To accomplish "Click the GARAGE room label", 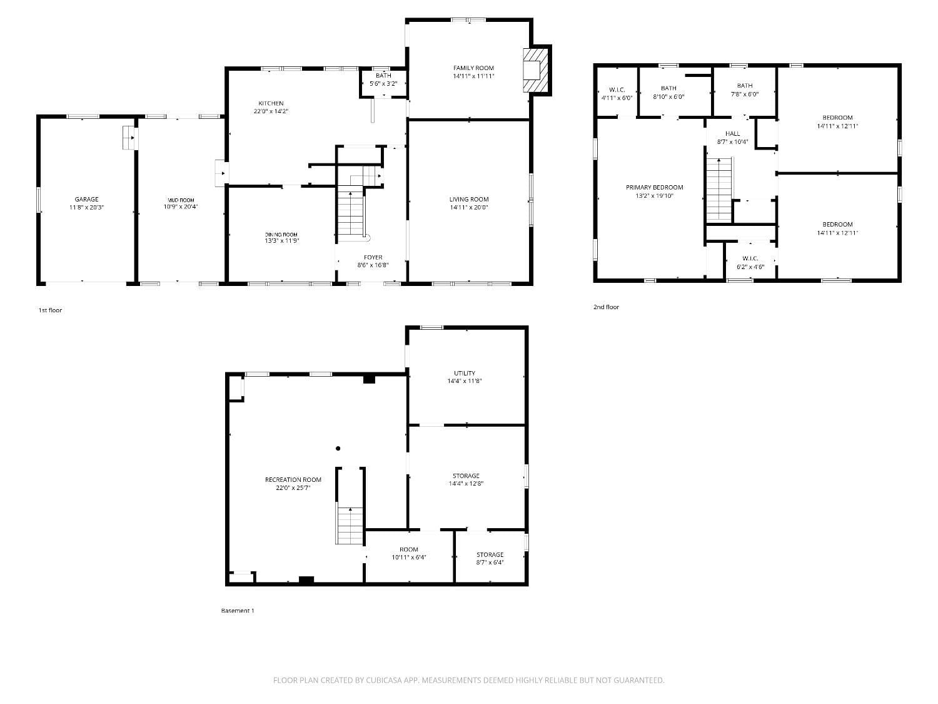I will pos(86,200).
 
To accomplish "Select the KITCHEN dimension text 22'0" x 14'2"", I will pos(271,111).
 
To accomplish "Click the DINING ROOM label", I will pos(281,234).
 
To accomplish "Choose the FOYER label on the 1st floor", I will pos(373,257).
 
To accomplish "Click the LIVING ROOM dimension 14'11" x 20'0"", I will pos(468,207).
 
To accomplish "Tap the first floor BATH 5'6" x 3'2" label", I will pos(383,76).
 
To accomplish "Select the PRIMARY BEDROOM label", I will pos(654,187).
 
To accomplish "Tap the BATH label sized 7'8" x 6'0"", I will pos(744,86).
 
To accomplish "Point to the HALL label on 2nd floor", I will pos(732,133).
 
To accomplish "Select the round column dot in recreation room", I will pos(338,448).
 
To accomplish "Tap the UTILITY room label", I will pos(465,373).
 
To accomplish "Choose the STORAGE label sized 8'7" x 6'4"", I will pos(490,554).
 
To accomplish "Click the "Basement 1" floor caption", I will pos(238,611).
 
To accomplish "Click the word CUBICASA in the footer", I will pos(383,680).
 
